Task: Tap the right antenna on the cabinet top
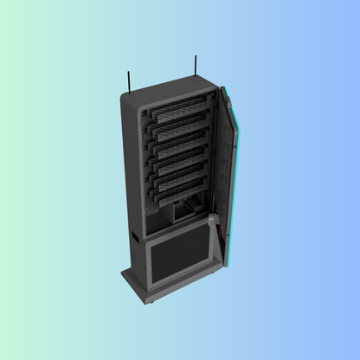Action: pos(196,66)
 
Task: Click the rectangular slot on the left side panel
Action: pos(134,235)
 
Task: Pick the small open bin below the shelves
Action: pos(185,210)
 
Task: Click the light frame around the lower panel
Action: pos(150,260)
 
